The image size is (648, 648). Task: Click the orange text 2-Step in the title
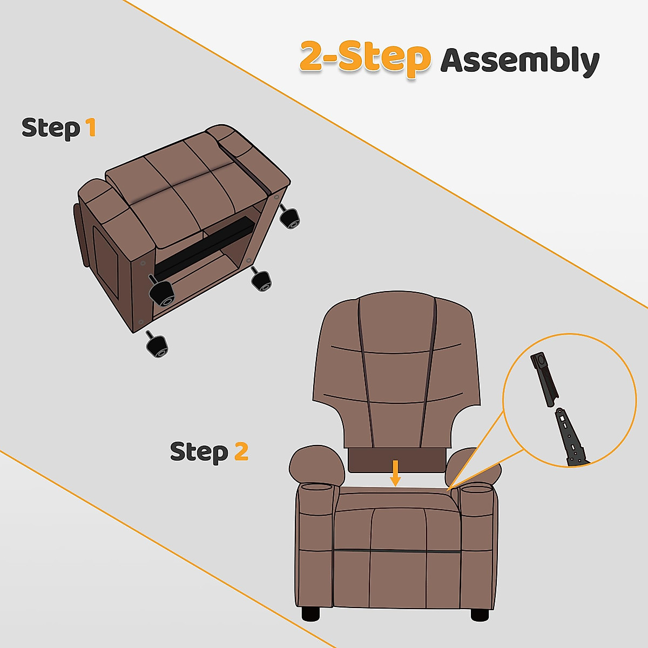[364, 57]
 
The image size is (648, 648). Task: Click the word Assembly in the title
[519, 60]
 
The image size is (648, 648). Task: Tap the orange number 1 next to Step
[91, 127]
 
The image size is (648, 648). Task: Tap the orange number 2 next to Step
[241, 451]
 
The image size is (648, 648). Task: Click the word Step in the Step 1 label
[51, 129]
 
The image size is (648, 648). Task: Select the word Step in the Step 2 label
[199, 452]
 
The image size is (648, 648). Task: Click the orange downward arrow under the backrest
[396, 473]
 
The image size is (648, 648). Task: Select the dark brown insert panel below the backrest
[395, 460]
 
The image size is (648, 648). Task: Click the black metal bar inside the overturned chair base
[205, 246]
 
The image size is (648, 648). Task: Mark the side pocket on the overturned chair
[106, 259]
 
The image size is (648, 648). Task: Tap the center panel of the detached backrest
[397, 378]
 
